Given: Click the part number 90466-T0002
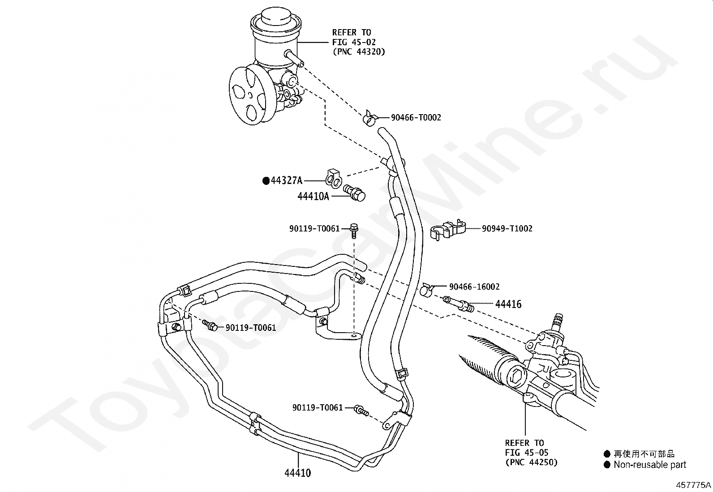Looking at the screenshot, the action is coord(416,118).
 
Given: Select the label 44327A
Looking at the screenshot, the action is coord(287,181).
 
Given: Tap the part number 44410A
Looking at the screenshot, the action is coord(313,196).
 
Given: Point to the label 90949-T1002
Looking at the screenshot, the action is coord(507,228).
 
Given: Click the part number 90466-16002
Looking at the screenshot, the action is coord(474,287).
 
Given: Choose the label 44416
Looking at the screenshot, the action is coord(508,304).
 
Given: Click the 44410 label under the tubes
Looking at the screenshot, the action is coord(298,473).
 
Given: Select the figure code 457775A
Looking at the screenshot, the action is coord(693,485).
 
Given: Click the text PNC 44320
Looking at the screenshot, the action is coord(359,51).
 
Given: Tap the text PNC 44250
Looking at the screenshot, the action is coord(532,462).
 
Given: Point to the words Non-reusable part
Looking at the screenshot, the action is coord(650,465).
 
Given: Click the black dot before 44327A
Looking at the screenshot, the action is coord(266,181).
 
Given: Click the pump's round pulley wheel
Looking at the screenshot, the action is coord(250,95).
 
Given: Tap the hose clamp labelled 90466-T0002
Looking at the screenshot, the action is coord(370,118).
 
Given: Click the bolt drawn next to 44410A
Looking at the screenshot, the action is coord(354,193).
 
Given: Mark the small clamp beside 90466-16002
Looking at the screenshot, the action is coord(426,289).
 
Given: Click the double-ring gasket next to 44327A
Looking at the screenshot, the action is coord(333,177).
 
